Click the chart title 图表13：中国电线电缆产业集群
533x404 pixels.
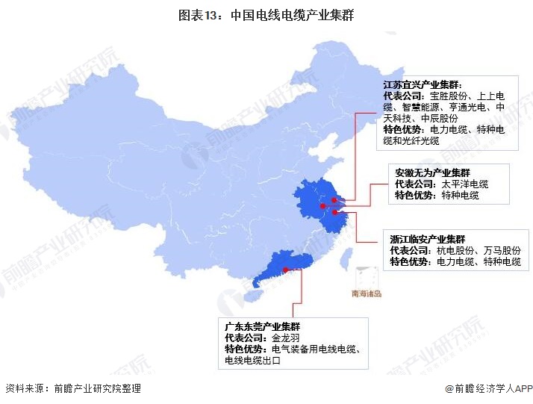click(266, 14)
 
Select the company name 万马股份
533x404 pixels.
click(501, 251)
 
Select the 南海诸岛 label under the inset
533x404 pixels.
click(367, 293)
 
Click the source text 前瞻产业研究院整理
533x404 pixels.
click(97, 389)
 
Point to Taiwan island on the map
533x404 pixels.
click(345, 258)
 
